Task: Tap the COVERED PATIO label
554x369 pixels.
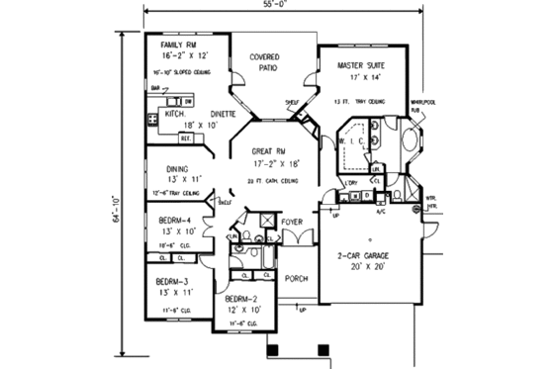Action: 262,63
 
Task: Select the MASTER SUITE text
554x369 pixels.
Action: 362,65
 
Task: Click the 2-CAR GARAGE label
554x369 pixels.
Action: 365,254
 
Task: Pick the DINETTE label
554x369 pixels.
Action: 223,115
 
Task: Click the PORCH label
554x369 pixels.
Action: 295,278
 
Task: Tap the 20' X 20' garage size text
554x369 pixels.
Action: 365,266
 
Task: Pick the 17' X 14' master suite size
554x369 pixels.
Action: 362,77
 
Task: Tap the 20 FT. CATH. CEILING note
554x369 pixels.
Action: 269,183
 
